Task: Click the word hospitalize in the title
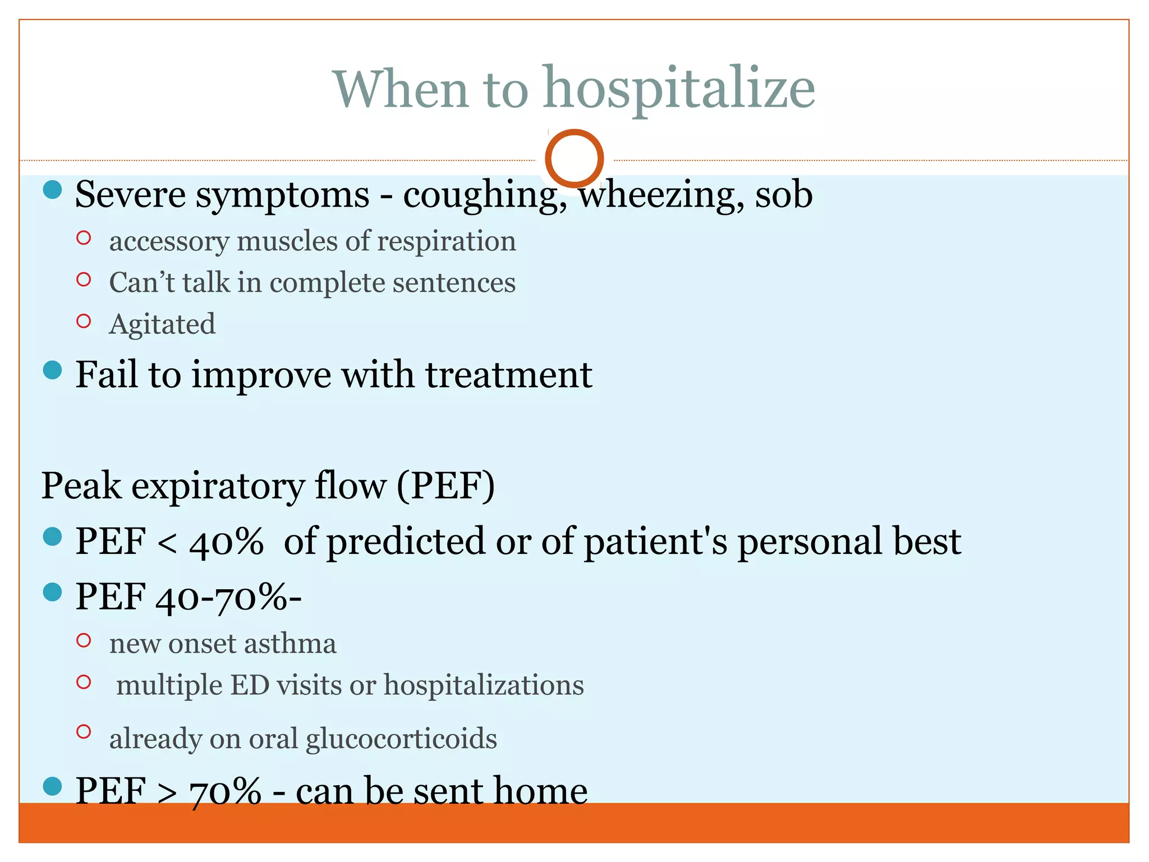coord(679,90)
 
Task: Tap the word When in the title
coord(401,90)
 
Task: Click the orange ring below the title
coord(574,158)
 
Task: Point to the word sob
coord(784,195)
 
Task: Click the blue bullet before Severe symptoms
coord(52,189)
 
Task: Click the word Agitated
coord(162,324)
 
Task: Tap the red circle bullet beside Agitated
coord(84,321)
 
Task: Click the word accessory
coord(169,242)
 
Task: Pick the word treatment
coord(508,375)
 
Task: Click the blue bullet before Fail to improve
coord(52,370)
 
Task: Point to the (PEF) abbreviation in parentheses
coord(446,486)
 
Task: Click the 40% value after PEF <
coord(226,542)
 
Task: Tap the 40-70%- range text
coord(228,597)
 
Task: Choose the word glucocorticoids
coord(401,739)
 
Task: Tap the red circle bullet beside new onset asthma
coord(84,640)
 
